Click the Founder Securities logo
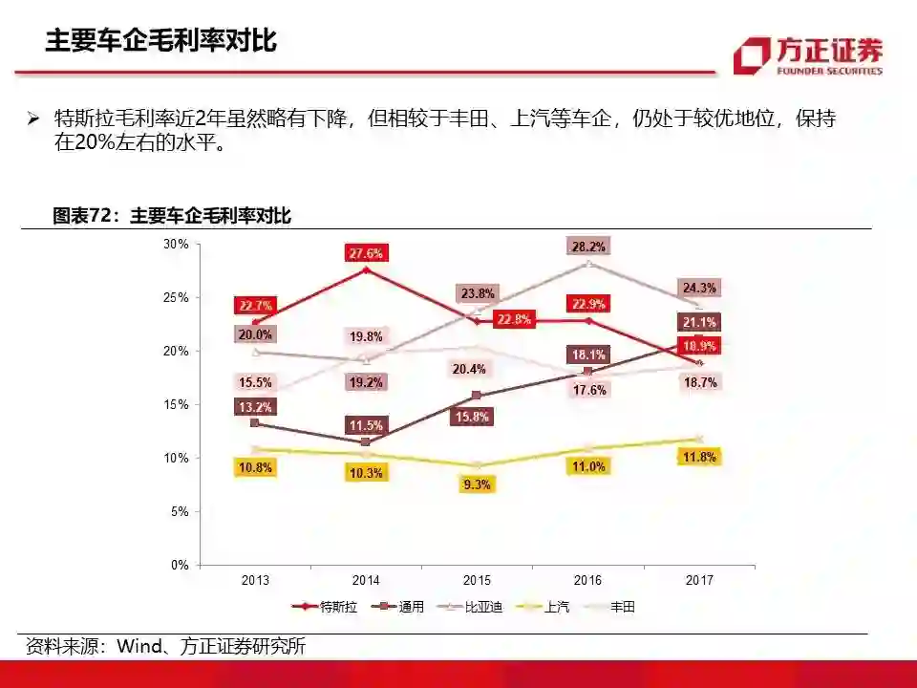pos(808,54)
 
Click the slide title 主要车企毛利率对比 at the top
pos(161,41)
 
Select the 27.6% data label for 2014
pos(366,253)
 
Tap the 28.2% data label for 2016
pos(587,246)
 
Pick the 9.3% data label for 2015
pos(477,484)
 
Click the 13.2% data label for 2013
pos(255,407)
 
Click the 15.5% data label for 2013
pos(255,383)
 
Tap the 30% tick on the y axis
pos(176,244)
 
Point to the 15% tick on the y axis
pos(176,404)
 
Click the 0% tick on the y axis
pos(180,565)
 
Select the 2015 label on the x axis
pos(477,580)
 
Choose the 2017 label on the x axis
pos(699,580)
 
